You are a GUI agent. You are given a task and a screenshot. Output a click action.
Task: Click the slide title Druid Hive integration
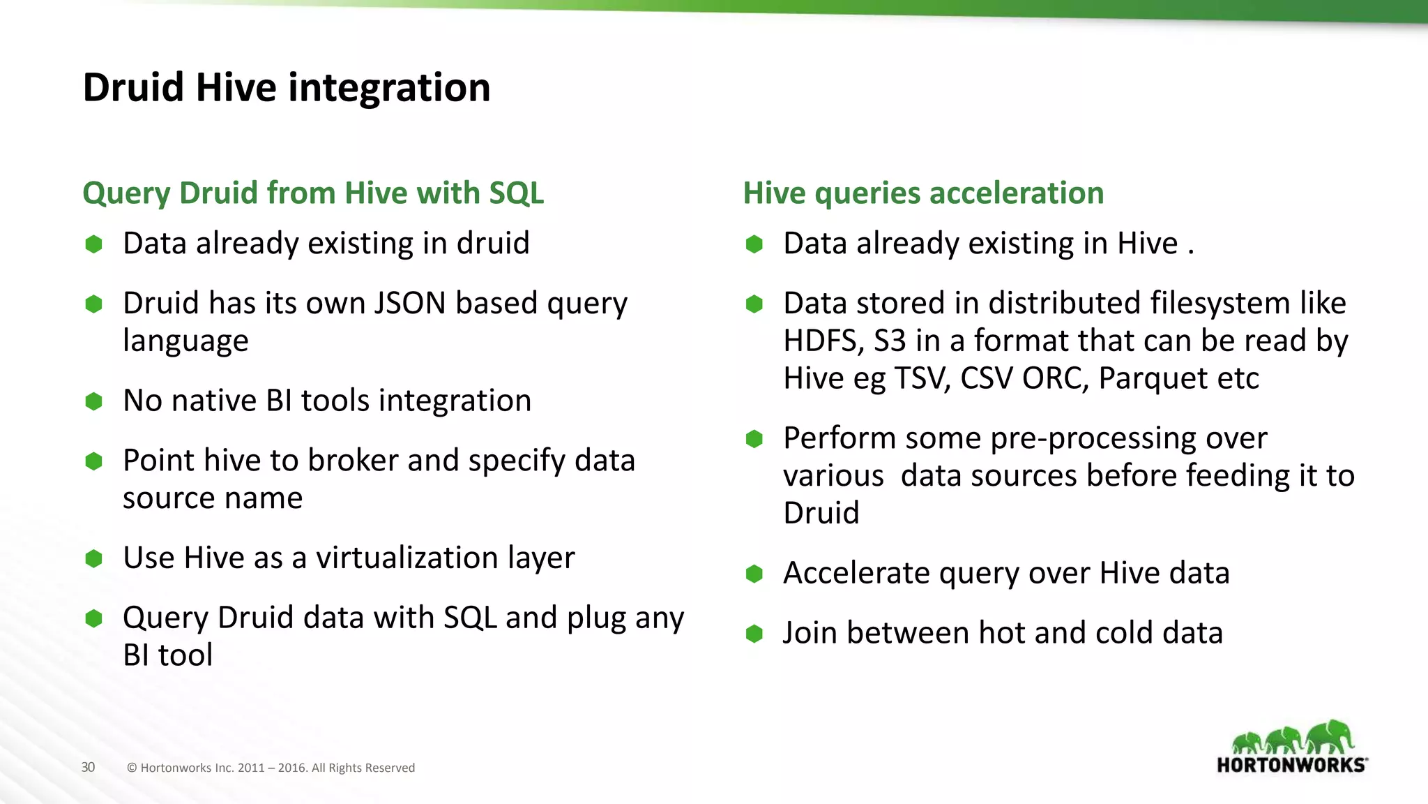287,88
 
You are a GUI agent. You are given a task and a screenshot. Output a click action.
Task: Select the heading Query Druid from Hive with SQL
313,193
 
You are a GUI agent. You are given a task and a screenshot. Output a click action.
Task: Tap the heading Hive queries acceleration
923,193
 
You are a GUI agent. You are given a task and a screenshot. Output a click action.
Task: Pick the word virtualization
407,558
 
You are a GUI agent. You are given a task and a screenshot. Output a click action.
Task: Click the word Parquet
1153,379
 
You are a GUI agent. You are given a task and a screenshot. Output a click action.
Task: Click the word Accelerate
856,573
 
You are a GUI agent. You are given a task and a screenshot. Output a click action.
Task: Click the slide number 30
88,767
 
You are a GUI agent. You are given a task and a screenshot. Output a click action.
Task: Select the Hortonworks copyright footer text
271,768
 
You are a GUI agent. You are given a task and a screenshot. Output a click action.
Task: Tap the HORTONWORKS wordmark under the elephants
1291,765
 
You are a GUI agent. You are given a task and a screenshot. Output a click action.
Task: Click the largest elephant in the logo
1330,737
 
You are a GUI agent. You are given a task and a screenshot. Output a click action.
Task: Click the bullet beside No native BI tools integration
93,401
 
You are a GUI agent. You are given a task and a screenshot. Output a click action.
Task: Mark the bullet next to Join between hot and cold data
754,634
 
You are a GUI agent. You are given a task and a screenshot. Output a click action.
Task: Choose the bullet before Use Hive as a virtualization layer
93,558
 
